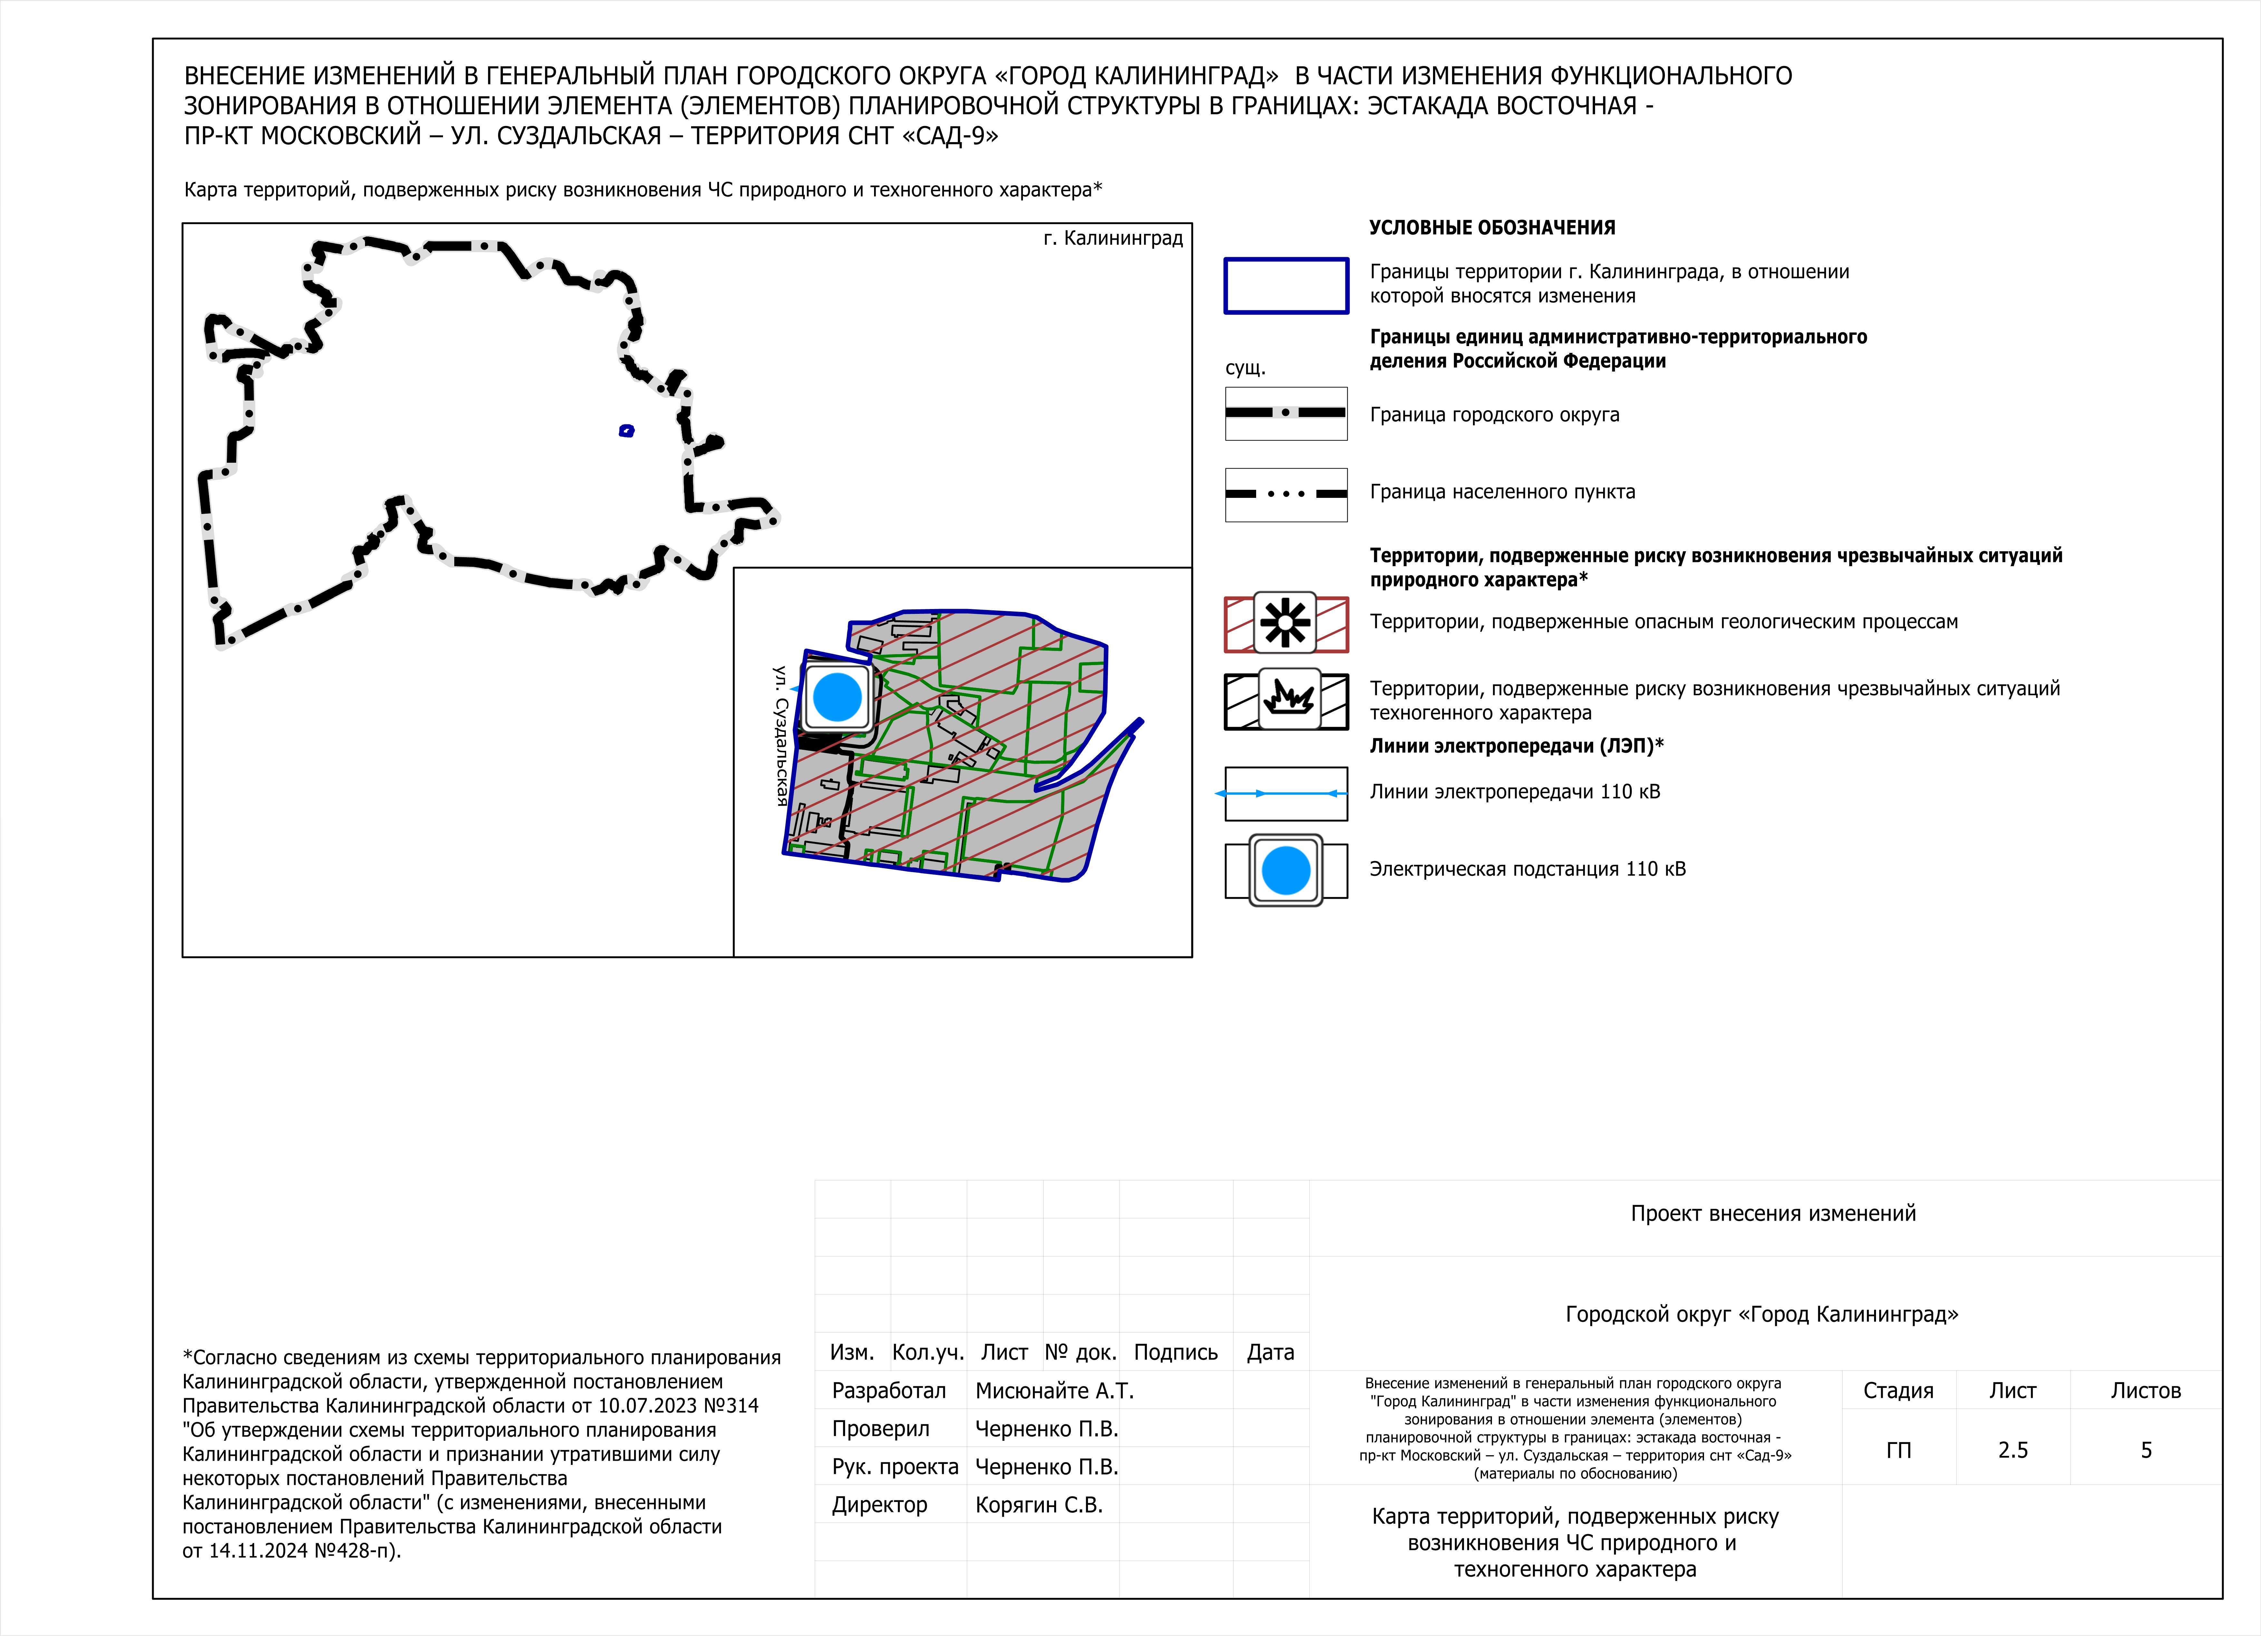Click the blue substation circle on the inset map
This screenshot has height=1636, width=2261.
click(x=837, y=697)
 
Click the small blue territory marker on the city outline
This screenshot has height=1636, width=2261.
click(x=626, y=431)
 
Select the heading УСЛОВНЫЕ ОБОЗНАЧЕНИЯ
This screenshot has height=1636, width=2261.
click(x=1491, y=227)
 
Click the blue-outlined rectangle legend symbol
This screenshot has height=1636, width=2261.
click(x=1286, y=286)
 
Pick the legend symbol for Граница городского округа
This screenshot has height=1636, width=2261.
click(x=1286, y=413)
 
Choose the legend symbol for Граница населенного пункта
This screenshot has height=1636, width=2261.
click(x=1286, y=495)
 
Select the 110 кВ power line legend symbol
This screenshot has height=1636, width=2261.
click(x=1286, y=794)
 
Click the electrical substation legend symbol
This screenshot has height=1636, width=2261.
click(x=1286, y=870)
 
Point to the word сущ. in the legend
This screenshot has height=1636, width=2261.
click(x=1245, y=368)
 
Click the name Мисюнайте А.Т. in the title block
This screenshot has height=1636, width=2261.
click(x=1054, y=1391)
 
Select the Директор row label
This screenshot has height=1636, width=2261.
click(x=879, y=1505)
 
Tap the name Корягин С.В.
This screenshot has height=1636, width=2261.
click(x=1039, y=1505)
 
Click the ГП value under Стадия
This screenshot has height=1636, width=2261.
click(x=1898, y=1451)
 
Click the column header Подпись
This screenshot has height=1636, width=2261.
click(x=1175, y=1353)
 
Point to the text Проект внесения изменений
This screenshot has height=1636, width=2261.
click(x=1773, y=1213)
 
